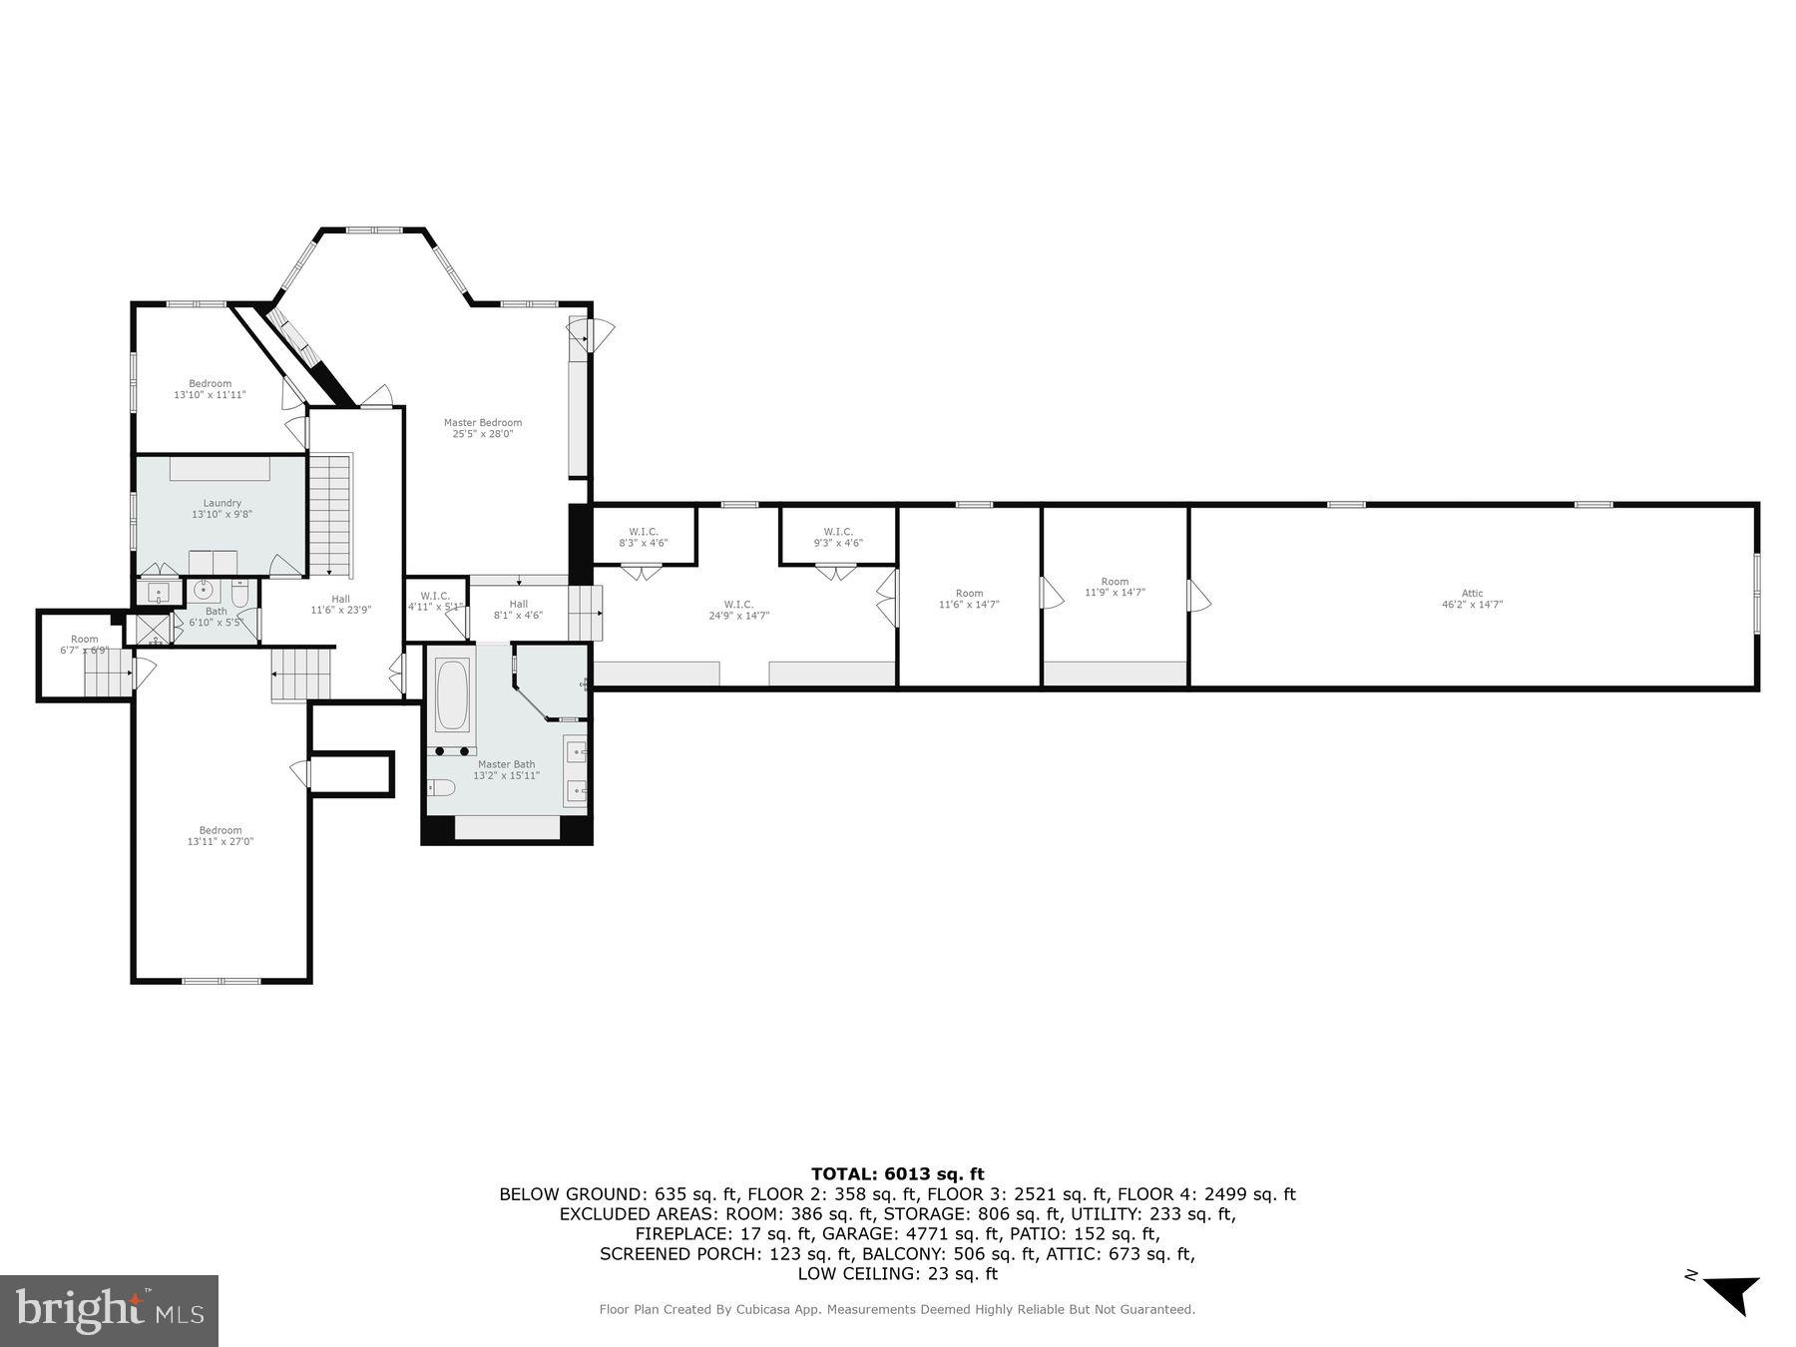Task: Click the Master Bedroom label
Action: pos(483,423)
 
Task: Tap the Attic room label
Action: pos(1472,594)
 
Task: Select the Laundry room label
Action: pos(222,504)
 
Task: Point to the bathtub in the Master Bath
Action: pos(452,694)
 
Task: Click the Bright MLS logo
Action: pos(109,1309)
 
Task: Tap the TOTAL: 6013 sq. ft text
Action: pos(897,1174)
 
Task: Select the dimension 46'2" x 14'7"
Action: pos(1472,605)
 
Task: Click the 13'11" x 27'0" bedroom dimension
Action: pos(221,842)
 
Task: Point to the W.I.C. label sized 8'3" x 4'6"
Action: pos(644,532)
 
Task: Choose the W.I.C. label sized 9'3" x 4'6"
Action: pos(838,532)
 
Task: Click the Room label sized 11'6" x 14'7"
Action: pos(969,594)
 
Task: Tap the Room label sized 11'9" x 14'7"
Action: pos(1115,582)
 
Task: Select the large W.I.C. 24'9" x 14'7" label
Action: pos(738,605)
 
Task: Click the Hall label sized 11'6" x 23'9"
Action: pos(341,600)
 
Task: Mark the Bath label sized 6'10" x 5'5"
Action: pos(217,612)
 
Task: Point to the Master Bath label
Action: pos(506,764)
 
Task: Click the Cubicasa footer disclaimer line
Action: pos(897,1310)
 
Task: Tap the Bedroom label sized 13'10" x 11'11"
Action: pos(210,384)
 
